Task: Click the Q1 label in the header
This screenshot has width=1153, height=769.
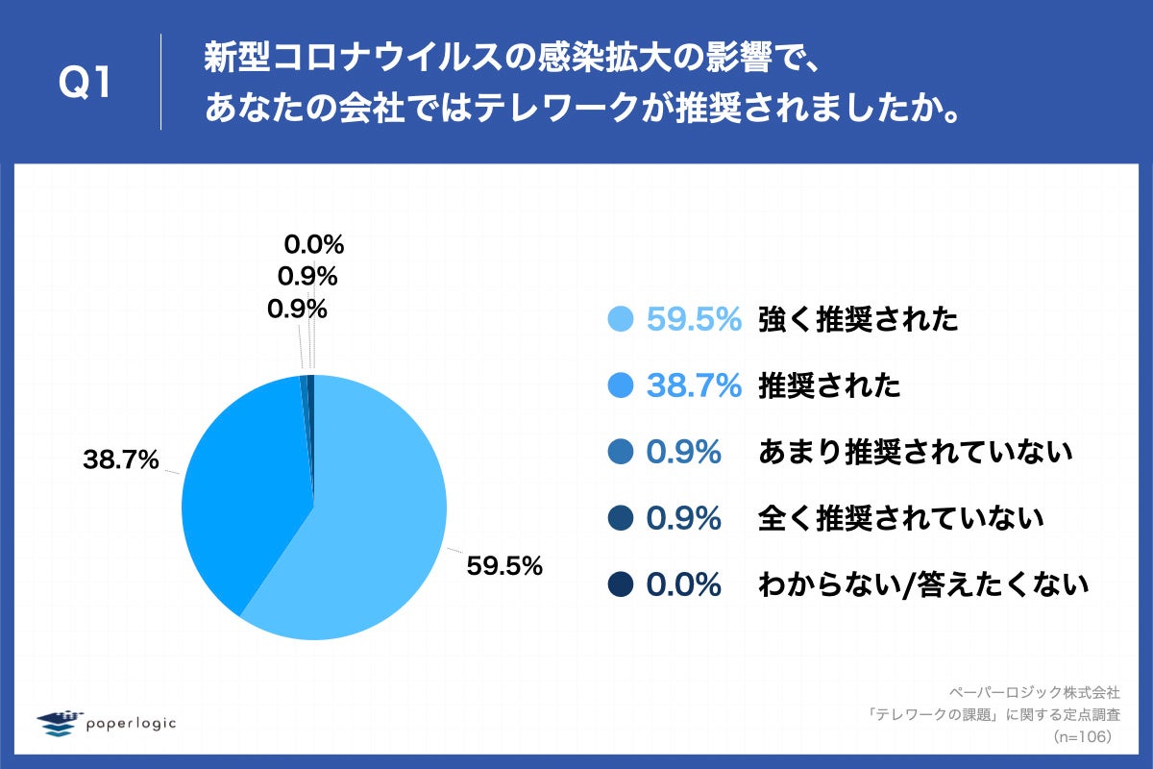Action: point(86,84)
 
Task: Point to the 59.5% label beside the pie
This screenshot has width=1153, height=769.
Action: point(504,566)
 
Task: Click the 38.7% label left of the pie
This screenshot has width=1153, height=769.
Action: point(120,461)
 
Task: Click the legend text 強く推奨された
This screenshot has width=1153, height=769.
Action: point(858,319)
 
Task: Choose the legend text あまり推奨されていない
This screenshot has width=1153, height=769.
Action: point(915,452)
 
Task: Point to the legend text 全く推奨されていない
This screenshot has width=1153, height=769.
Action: point(900,518)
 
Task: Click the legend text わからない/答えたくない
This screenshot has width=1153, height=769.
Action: point(922,583)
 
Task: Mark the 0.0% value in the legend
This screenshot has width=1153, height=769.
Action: point(683,583)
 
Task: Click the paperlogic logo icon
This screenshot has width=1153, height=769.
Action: point(59,723)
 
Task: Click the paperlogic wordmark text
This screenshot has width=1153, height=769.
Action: point(131,724)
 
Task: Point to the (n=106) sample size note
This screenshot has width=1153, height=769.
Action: point(1082,736)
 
